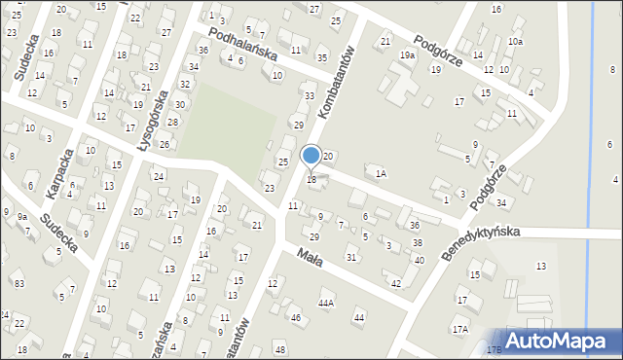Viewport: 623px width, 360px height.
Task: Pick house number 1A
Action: point(382,173)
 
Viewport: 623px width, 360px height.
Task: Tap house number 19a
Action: point(407,55)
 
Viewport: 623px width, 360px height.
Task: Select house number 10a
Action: point(515,42)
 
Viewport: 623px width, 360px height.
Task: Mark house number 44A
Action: point(325,304)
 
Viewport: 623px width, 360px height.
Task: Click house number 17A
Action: point(459,330)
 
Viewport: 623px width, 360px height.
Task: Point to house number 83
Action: point(19,283)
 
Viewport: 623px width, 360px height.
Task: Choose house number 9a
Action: point(21,216)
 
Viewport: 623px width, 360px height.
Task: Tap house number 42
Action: point(395,283)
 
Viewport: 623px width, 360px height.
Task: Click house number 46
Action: point(295,318)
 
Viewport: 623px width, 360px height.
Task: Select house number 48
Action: point(280,349)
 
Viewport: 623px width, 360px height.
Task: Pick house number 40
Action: point(419,260)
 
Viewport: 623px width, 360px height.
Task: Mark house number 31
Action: point(350,257)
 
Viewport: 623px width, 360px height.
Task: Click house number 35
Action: point(322,58)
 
